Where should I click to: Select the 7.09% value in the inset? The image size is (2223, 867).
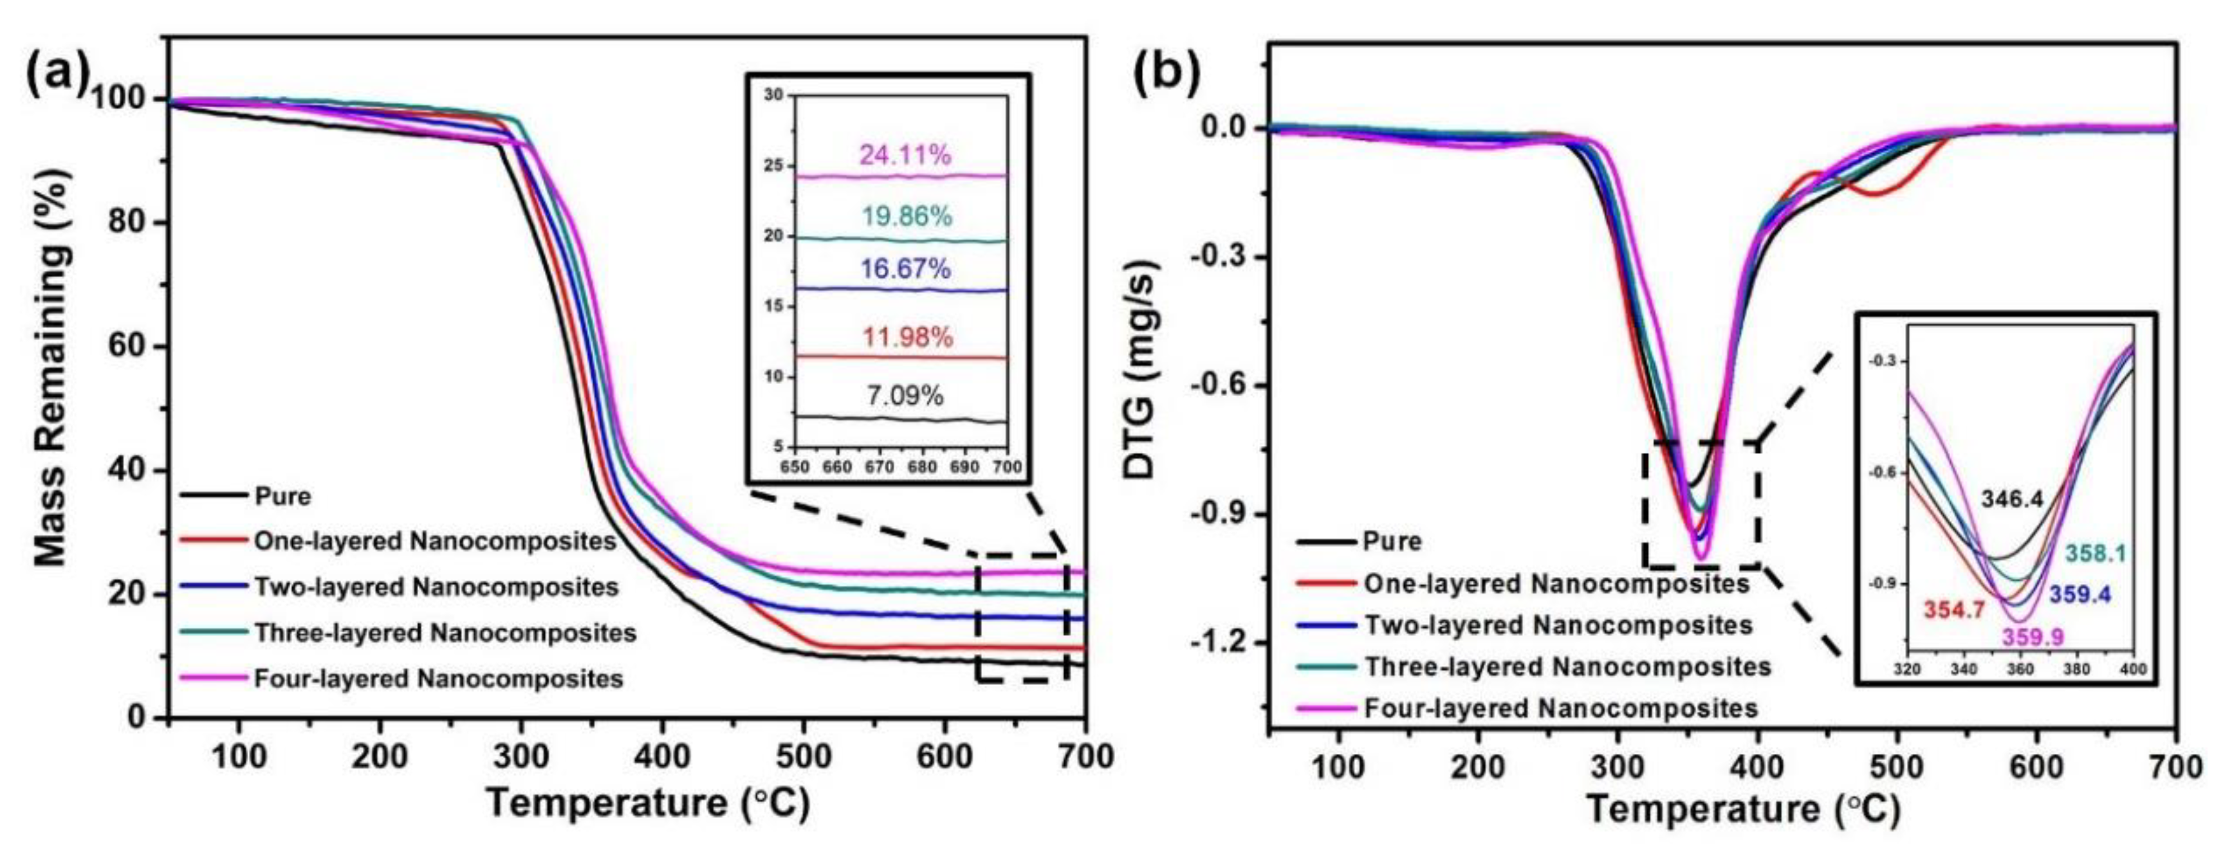tap(905, 396)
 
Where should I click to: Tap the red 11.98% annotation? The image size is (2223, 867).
tap(908, 337)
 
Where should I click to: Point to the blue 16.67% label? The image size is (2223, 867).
tap(905, 269)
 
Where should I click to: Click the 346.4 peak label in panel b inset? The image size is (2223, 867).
tap(2011, 498)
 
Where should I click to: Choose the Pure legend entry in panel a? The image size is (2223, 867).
tap(282, 497)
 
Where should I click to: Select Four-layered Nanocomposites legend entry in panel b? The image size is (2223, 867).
tap(1560, 708)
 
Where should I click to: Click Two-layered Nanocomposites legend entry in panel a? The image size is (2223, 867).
tap(436, 587)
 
